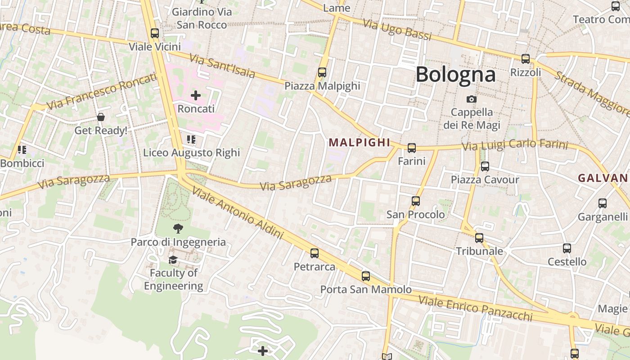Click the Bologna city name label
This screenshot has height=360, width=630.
(455, 75)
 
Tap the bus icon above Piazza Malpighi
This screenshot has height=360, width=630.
(322, 72)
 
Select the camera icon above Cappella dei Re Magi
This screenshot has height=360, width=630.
(472, 99)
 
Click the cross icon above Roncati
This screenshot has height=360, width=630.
(196, 95)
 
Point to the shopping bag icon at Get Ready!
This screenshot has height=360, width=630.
(101, 117)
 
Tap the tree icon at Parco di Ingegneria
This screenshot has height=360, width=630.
(178, 229)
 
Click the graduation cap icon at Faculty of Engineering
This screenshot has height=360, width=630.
(173, 260)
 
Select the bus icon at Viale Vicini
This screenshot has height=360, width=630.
(155, 33)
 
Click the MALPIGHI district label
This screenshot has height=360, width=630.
(359, 143)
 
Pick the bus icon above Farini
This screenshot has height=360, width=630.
(411, 148)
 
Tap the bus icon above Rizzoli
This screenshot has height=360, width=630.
(525, 58)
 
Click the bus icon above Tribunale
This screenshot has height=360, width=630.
(479, 238)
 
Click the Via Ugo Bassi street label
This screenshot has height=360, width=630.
(397, 30)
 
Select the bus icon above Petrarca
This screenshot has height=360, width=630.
(315, 253)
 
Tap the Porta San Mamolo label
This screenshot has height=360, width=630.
(366, 289)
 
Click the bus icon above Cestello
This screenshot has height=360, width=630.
(567, 248)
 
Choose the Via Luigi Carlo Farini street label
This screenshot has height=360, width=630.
(515, 145)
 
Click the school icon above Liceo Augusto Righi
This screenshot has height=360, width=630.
(191, 139)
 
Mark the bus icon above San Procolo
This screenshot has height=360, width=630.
(416, 201)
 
